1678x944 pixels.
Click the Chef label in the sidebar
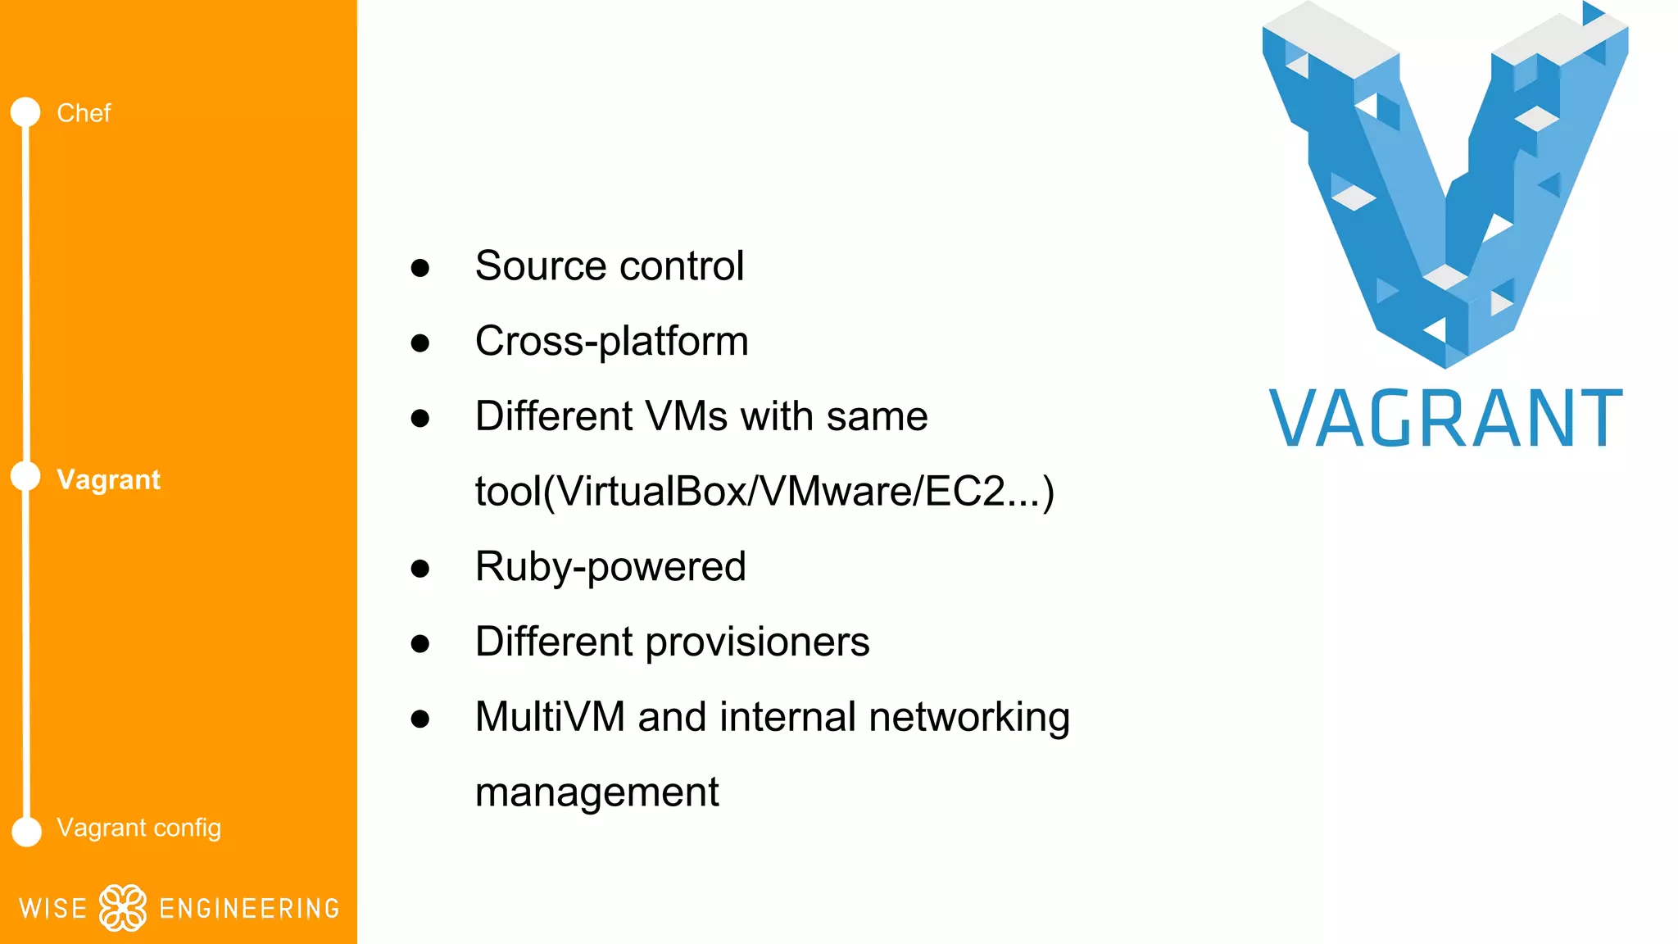click(x=84, y=113)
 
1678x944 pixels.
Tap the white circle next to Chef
click(x=25, y=112)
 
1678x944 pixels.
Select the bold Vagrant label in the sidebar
click(x=108, y=480)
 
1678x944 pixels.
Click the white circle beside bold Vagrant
click(x=25, y=476)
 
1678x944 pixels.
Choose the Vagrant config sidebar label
click(x=138, y=828)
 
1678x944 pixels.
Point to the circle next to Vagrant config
click(x=26, y=831)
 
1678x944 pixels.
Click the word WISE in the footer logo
click(x=52, y=909)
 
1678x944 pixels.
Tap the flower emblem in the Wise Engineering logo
click(x=123, y=907)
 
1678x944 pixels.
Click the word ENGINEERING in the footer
click(x=249, y=909)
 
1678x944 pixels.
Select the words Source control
click(x=609, y=266)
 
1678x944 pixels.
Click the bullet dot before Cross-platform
click(x=420, y=343)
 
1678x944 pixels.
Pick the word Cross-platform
click(x=611, y=342)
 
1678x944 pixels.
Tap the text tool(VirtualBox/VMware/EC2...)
click(x=764, y=492)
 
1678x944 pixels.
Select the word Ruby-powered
click(x=610, y=567)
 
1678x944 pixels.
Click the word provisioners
click(x=757, y=642)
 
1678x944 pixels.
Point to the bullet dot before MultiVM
click(x=420, y=719)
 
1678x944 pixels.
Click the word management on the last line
click(x=596, y=792)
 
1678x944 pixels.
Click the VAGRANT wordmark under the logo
click(x=1445, y=419)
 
